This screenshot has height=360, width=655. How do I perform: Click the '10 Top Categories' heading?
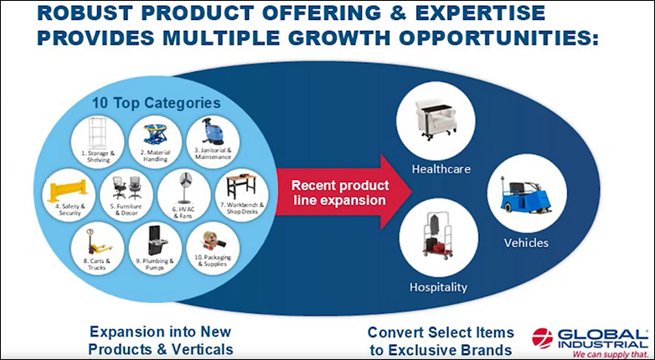pos(157,103)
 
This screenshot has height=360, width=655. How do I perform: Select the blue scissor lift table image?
pos(155,133)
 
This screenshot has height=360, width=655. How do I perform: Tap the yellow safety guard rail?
pos(68,190)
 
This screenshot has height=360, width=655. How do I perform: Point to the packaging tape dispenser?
pos(214,240)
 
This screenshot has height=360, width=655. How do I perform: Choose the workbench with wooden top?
pos(241,187)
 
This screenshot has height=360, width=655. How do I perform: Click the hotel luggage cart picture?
pos(437,236)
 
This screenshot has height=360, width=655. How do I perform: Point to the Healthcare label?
pos(441,169)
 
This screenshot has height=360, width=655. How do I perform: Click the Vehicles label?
pos(526,243)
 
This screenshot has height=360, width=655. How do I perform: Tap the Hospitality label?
pos(438,287)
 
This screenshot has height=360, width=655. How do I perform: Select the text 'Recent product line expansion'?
pos(339,193)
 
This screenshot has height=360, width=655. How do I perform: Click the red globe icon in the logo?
pos(542,338)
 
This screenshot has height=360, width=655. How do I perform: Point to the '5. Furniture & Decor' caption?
pos(126,209)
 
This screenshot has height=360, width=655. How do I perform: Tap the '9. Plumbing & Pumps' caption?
pos(155,264)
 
